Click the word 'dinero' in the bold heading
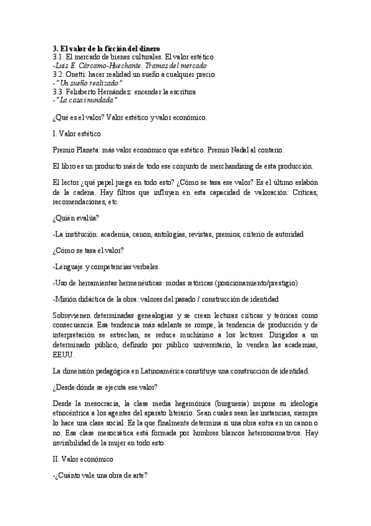point(147,48)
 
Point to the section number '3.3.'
point(58,91)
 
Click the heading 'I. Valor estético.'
point(78,133)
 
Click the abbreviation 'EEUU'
point(64,355)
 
